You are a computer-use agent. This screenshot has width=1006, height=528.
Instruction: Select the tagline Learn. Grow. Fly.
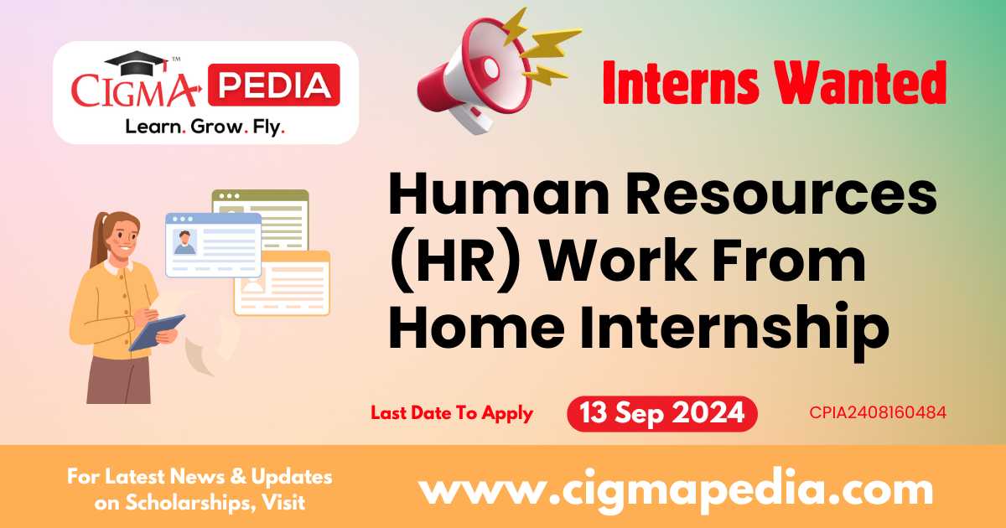205,127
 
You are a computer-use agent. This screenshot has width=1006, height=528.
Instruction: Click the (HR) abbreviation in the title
453,262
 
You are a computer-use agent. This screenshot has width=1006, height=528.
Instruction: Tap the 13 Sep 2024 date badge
661,413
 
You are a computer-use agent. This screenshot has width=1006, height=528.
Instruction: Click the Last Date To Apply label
452,413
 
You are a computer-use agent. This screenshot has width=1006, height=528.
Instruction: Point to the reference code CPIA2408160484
879,413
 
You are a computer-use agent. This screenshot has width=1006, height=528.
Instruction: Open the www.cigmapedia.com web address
675,489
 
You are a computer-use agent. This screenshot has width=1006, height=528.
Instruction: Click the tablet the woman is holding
157,332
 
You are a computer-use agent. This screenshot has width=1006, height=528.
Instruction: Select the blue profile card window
213,244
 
